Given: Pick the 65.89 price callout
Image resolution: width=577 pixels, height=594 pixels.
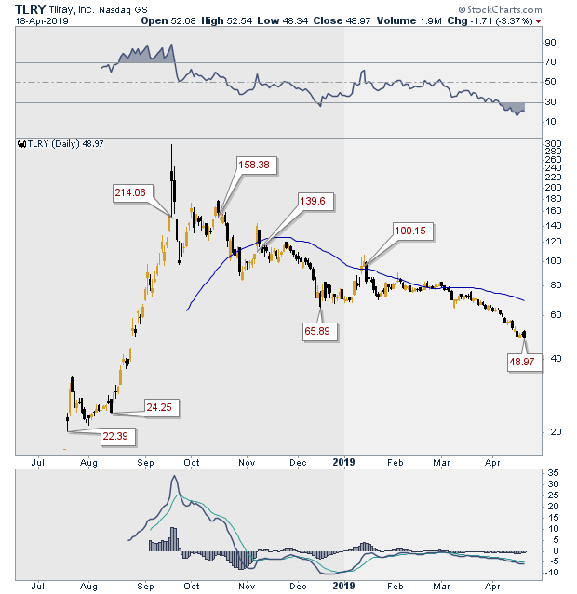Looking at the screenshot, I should pos(317,330).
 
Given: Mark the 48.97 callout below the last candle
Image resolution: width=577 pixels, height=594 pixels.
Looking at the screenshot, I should pos(521,361).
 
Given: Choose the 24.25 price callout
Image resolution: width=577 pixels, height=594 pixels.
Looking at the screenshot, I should pos(159,406).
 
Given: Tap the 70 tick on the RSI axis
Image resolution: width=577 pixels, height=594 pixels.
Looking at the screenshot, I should pos(550,62).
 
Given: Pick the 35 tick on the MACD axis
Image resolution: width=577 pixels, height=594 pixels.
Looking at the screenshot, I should pos(551,472).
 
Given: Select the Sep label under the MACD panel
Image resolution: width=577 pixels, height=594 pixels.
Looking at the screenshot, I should pos(145,586).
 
